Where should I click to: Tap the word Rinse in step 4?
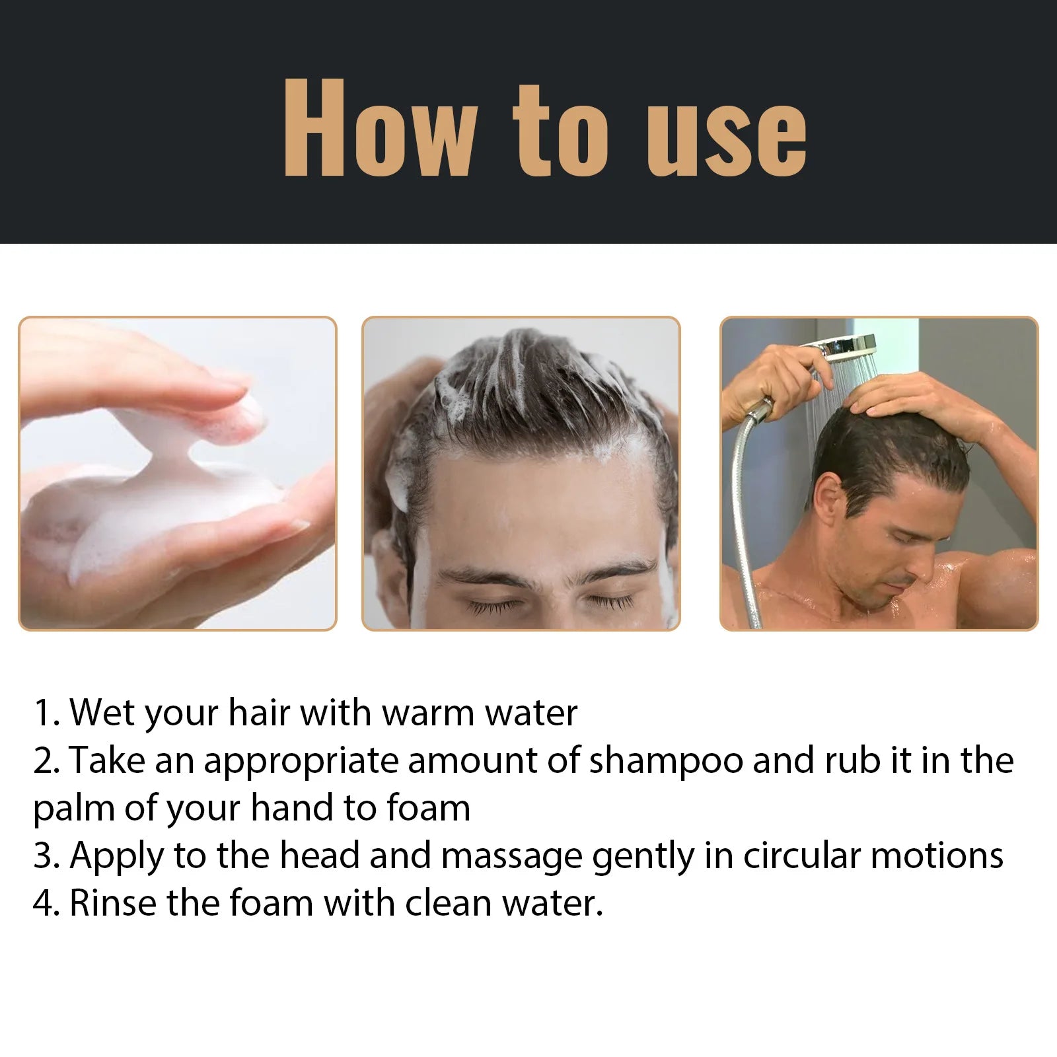[113, 903]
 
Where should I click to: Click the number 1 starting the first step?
[42, 713]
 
